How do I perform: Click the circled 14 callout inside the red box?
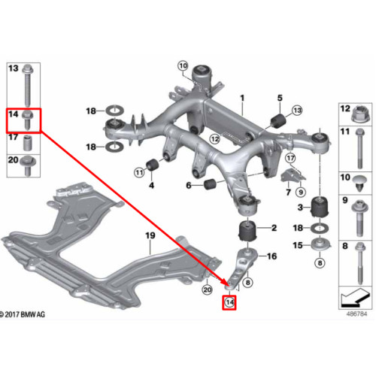pyautogui.click(x=229, y=302)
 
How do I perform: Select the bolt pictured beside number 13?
pyautogui.click(x=27, y=86)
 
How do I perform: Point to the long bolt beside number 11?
pyautogui.click(x=360, y=148)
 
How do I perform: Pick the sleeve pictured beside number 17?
pyautogui.click(x=27, y=144)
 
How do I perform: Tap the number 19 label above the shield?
pyautogui.click(x=150, y=235)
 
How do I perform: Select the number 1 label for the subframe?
pyautogui.click(x=242, y=98)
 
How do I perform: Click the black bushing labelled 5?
pyautogui.click(x=278, y=121)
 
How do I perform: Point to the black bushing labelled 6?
pyautogui.click(x=211, y=184)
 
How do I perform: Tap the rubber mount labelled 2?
pyautogui.click(x=247, y=230)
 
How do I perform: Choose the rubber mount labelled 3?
pyautogui.click(x=320, y=208)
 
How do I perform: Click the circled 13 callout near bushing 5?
pyautogui.click(x=297, y=110)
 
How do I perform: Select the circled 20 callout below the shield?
pyautogui.click(x=207, y=290)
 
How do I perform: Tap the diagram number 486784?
pyautogui.click(x=356, y=314)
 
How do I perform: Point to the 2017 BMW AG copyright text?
pyautogui.click(x=22, y=314)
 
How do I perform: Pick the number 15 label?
pyautogui.click(x=298, y=245)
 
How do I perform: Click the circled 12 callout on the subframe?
pyautogui.click(x=214, y=138)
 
